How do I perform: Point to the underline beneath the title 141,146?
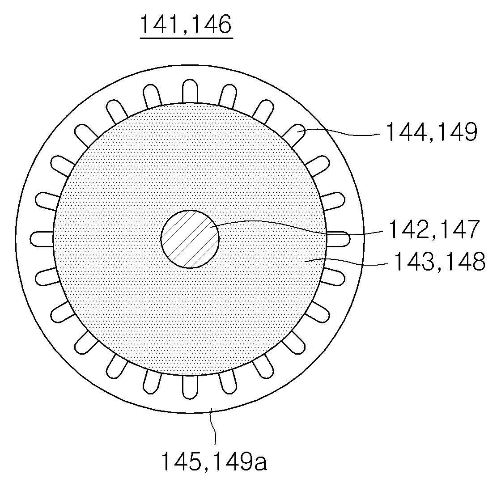186,38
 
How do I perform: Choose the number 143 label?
414,261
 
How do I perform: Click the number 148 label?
465,261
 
